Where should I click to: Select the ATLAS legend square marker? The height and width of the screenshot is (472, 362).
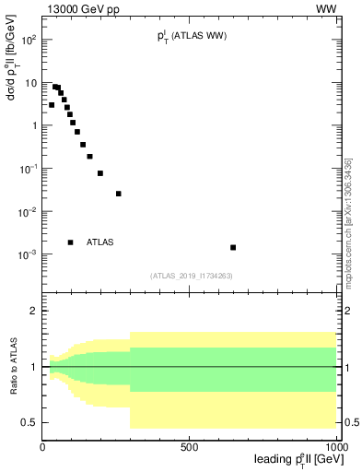coord(71,242)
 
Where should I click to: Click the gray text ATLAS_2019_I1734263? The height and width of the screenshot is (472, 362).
coord(191,275)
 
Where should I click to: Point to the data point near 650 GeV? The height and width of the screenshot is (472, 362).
coord(233,247)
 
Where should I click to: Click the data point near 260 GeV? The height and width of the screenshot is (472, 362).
coord(119,194)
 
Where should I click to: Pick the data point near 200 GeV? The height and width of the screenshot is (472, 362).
coord(100,173)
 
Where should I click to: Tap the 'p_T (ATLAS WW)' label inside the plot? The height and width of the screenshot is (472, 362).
coord(192,36)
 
